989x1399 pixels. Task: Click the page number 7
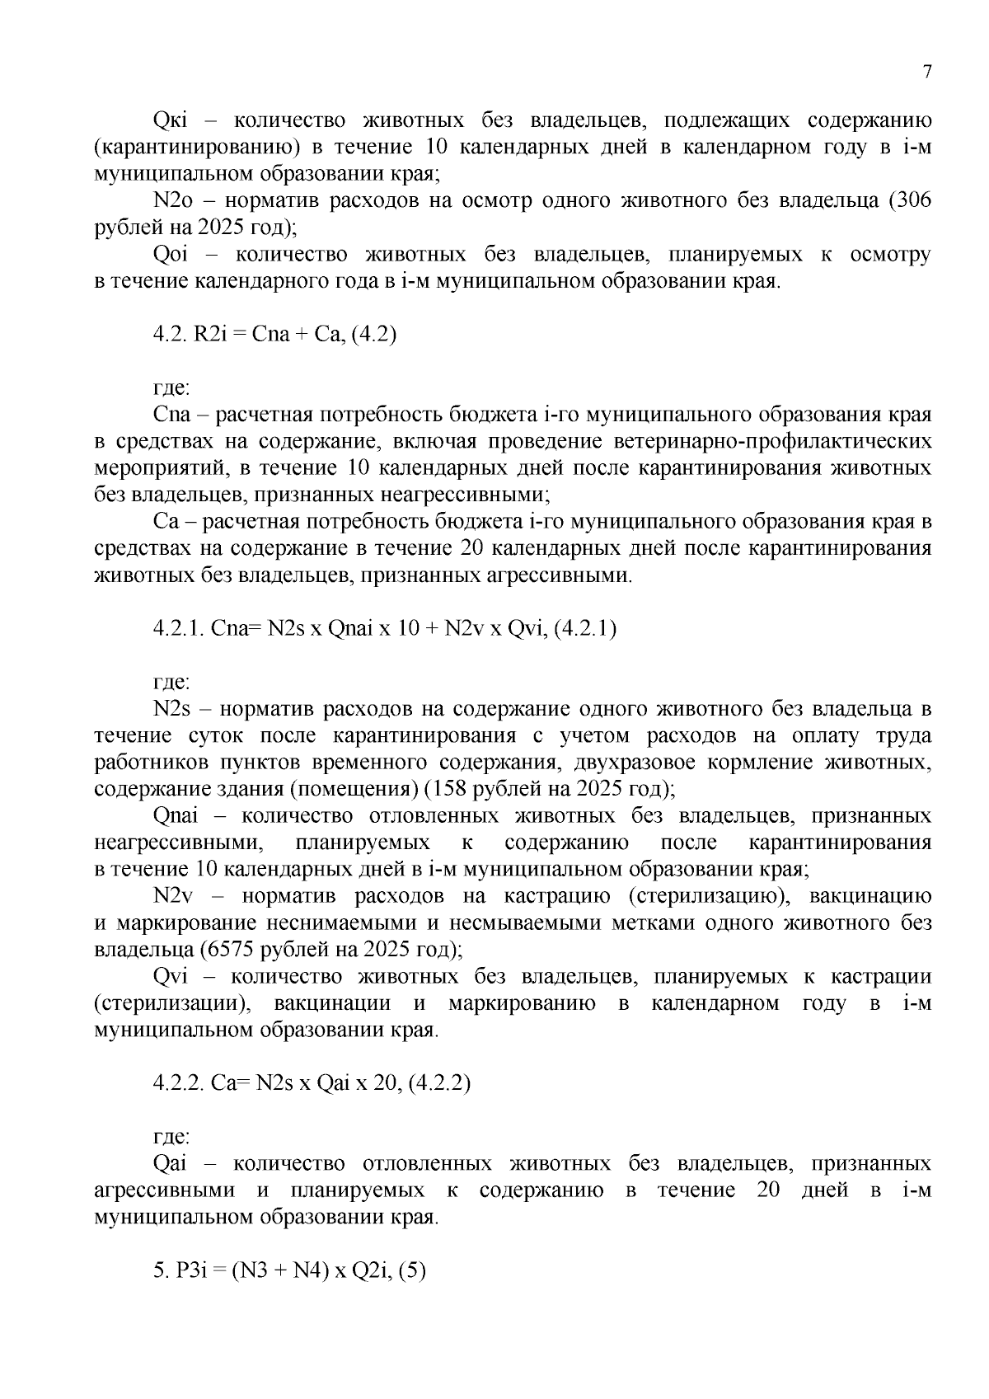pyautogui.click(x=926, y=72)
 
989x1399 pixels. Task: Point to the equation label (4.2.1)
pyautogui.click(x=584, y=629)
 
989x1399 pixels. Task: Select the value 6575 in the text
pyautogui.click(x=234, y=950)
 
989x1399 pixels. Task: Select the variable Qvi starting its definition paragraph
pyautogui.click(x=171, y=977)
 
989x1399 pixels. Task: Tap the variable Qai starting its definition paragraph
pyautogui.click(x=171, y=1164)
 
